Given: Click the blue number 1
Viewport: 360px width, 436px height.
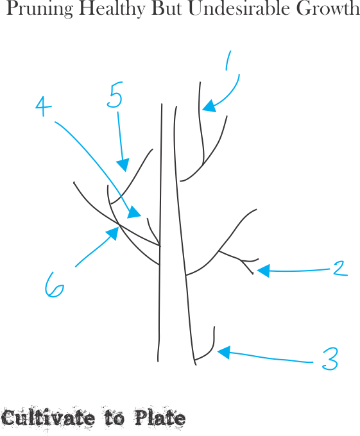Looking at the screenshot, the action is pos(228,61).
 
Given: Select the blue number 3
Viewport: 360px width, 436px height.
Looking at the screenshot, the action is pos(330,358).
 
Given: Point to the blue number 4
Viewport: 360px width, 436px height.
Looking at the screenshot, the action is pos(44,106).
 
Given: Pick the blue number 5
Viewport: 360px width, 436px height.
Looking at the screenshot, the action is pos(115,94).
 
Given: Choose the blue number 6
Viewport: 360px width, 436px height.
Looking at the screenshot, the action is pos(55,285).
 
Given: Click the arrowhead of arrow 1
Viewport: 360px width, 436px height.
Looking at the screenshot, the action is pos(209,106).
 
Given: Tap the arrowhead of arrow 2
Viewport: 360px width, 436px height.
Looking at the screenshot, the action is pos(263,271).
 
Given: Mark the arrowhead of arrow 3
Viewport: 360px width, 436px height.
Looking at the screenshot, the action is pos(224,352).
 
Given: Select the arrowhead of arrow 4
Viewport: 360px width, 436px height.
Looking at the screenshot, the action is pos(134,213).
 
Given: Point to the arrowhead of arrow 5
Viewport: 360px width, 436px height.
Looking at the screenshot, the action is pos(123,165).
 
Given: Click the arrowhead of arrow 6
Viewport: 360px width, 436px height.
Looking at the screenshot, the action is pos(112,233).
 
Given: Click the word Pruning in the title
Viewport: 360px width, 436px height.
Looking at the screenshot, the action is pos(40,8).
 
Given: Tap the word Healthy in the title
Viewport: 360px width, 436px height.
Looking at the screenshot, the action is pos(112,8).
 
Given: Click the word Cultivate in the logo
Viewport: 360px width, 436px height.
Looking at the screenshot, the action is pos(48,417).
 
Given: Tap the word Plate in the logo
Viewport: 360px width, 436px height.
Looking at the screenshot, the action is pos(160,417).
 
